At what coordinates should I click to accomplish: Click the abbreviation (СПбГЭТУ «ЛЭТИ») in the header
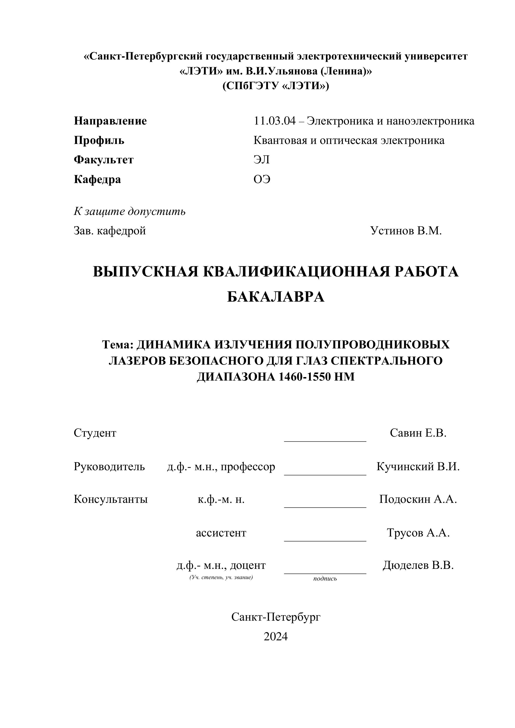click(x=276, y=86)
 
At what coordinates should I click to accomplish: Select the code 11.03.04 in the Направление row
click(x=275, y=121)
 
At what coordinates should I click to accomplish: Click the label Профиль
click(x=99, y=140)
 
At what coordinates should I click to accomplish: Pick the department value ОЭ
click(x=262, y=180)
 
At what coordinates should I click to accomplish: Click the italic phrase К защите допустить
click(x=130, y=211)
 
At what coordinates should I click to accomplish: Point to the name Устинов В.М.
click(x=406, y=231)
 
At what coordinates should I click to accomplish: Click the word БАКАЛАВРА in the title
click(x=276, y=297)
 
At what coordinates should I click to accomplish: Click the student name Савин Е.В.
click(x=418, y=433)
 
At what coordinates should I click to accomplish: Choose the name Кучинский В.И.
click(x=418, y=466)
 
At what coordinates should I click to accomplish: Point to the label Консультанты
click(x=111, y=499)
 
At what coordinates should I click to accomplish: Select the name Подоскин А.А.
click(x=418, y=499)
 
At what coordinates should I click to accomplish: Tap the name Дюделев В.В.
click(x=418, y=565)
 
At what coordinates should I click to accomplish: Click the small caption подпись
click(x=325, y=579)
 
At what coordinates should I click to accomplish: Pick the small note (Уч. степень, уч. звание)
click(x=221, y=577)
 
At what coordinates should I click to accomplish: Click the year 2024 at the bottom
click(x=276, y=636)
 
